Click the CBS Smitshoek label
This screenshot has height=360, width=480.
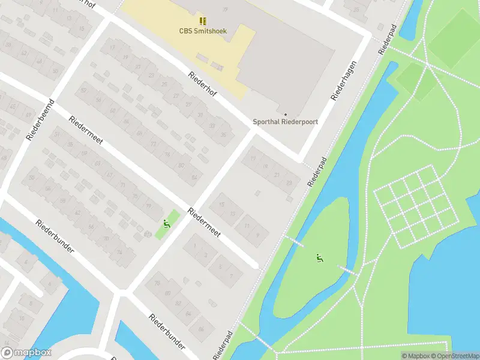(x=203, y=31)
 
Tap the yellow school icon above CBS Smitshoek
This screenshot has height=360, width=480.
(x=203, y=21)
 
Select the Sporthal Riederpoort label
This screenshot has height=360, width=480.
(x=286, y=121)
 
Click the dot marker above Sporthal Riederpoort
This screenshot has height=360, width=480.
(x=286, y=114)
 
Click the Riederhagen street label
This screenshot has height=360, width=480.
(x=344, y=80)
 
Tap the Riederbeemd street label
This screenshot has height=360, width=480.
(x=41, y=120)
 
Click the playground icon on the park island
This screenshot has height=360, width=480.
(x=320, y=259)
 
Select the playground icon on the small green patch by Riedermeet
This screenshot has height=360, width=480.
(x=166, y=225)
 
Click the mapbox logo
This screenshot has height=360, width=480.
(x=26, y=353)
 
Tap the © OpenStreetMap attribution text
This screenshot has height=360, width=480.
(x=454, y=356)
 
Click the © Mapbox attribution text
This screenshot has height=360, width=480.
(x=415, y=356)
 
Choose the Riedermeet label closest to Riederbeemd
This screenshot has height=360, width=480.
(x=86, y=130)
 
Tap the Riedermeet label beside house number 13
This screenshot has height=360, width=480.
(x=205, y=223)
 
